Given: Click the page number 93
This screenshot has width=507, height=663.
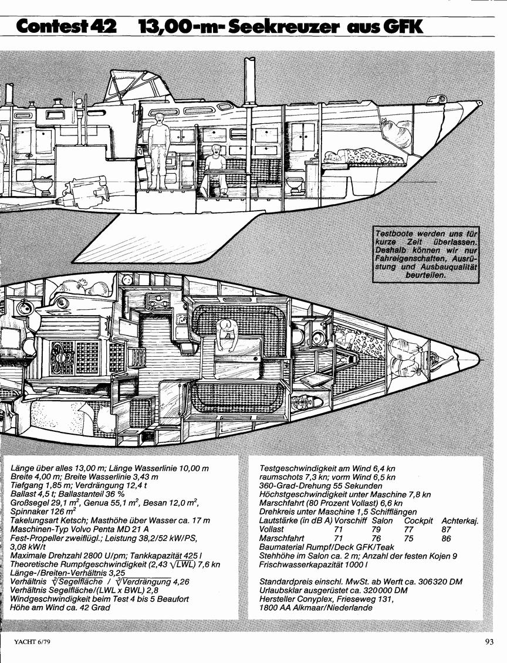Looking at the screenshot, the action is tap(489, 641).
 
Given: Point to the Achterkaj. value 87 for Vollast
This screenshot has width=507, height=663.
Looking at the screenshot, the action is tap(446, 529).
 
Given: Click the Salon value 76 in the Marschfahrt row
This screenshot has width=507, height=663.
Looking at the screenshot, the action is tap(376, 538).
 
